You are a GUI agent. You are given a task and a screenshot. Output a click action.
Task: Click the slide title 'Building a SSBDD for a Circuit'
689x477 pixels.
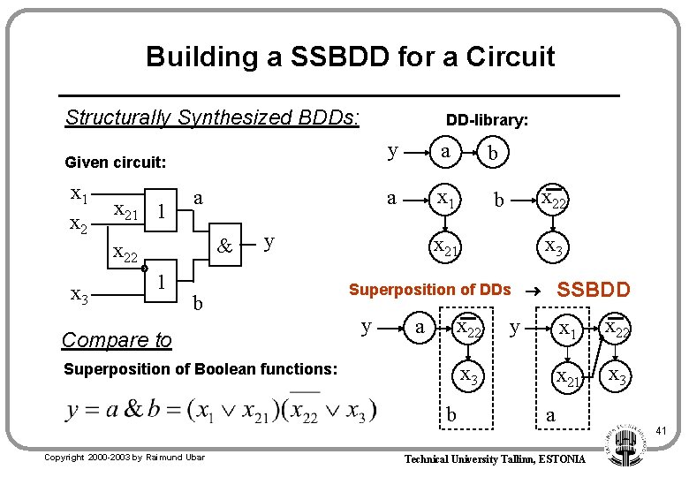pyautogui.click(x=351, y=57)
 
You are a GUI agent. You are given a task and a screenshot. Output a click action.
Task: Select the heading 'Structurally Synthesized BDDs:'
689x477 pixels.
pyautogui.click(x=212, y=117)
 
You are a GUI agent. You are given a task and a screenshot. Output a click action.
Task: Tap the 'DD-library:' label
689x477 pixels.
pyautogui.click(x=487, y=120)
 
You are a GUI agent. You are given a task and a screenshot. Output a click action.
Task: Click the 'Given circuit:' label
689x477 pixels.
pyautogui.click(x=115, y=163)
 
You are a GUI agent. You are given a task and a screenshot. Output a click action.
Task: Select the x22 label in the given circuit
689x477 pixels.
pyautogui.click(x=125, y=255)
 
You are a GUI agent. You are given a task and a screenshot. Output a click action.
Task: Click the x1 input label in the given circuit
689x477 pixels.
pyautogui.click(x=79, y=193)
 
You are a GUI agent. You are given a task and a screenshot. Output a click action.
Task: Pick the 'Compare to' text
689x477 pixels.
pyautogui.click(x=117, y=340)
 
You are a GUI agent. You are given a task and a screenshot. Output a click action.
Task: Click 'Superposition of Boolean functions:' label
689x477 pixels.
pyautogui.click(x=201, y=368)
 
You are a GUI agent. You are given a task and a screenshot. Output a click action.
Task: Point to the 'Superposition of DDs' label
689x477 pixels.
pyautogui.click(x=429, y=290)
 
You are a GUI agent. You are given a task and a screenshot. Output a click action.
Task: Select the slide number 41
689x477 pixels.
pyautogui.click(x=659, y=431)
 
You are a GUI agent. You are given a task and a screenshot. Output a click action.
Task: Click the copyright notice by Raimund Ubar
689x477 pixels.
pyautogui.click(x=125, y=457)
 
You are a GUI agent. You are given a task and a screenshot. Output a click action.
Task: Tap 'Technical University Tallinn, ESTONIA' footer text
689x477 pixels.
pyautogui.click(x=494, y=459)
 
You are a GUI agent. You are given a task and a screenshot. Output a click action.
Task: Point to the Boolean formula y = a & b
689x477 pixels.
pyautogui.click(x=221, y=410)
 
